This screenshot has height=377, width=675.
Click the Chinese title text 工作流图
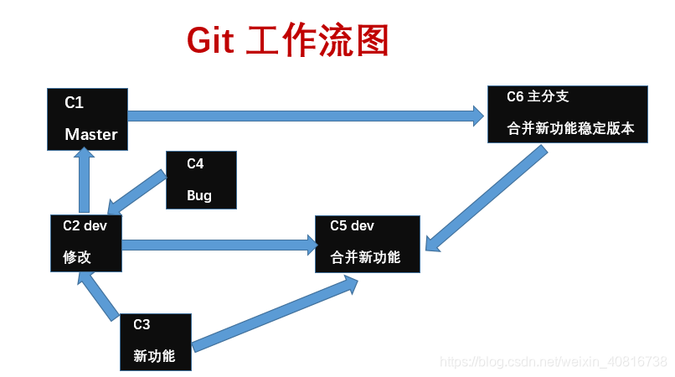317,41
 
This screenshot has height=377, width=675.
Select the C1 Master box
88,119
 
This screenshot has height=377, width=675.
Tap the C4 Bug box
201,180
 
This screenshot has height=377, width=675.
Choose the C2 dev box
86,243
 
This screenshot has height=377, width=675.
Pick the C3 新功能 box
156,342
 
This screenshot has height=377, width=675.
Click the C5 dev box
366,243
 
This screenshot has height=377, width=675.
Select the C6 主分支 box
568,113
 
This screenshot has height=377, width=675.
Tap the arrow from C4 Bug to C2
137,193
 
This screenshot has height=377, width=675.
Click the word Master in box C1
91,134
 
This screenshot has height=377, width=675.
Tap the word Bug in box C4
199,196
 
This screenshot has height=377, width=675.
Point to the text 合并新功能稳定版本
571,129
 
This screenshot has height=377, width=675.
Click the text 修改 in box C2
77,257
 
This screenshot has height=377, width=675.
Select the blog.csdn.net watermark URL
554,361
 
